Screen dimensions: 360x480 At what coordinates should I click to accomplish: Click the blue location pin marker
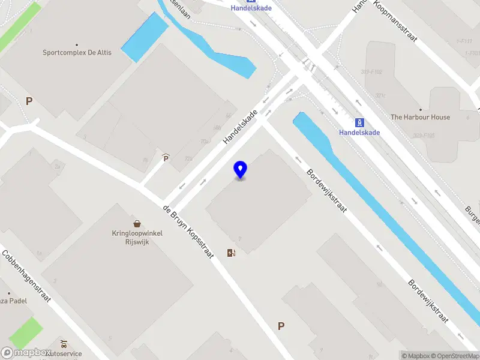[x=240, y=170]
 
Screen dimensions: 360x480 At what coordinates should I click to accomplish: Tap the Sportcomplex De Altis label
[x=77, y=53]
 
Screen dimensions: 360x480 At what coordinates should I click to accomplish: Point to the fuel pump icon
[x=231, y=253]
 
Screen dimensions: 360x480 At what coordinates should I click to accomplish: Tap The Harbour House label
[x=420, y=117]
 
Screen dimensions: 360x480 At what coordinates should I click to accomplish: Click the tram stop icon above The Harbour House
[x=359, y=122]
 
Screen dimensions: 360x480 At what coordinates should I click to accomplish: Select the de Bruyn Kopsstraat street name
[x=188, y=232]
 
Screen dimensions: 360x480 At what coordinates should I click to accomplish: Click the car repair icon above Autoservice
[x=64, y=344]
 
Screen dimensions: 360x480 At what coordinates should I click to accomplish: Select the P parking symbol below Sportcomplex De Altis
[x=28, y=101]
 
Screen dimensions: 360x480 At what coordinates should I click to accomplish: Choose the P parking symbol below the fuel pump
[x=280, y=326]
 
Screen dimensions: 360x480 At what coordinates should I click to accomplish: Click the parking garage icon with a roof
[x=166, y=158]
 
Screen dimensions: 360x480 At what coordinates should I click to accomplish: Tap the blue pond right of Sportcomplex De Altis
[x=145, y=37]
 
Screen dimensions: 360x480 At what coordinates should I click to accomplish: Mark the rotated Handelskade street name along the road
[x=241, y=127]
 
